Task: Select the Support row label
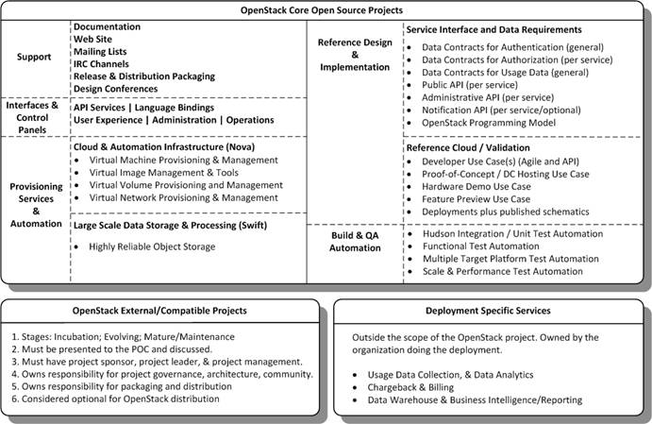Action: [34, 57]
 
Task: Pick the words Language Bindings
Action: [184, 107]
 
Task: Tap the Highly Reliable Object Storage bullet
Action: [152, 246]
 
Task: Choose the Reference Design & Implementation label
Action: [354, 55]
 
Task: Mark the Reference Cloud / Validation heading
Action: [468, 148]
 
